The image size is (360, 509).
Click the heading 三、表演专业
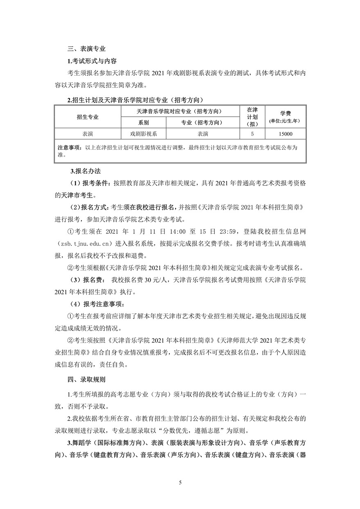tap(87, 49)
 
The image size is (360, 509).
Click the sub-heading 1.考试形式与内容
tap(92, 61)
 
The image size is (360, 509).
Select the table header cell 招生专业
tap(88, 117)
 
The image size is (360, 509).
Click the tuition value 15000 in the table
tap(286, 134)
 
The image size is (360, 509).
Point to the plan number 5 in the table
tap(252, 134)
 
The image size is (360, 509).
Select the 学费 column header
tap(286, 113)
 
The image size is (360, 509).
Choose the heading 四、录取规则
tap(87, 380)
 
